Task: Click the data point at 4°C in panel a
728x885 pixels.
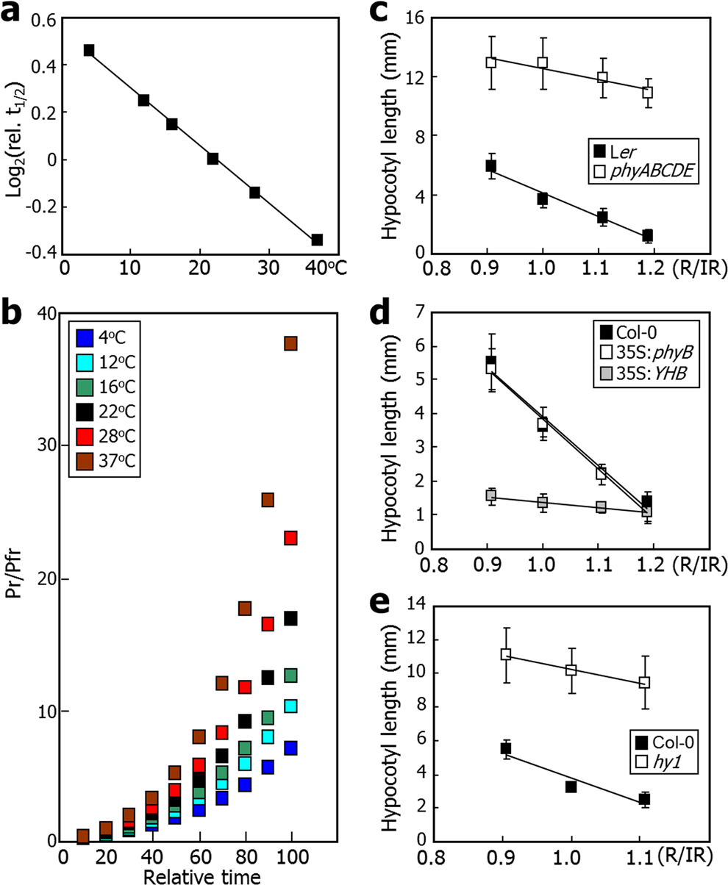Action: pyautogui.click(x=89, y=50)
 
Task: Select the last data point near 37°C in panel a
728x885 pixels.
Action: pyautogui.click(x=317, y=240)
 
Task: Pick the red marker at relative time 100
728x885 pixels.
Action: pyautogui.click(x=290, y=538)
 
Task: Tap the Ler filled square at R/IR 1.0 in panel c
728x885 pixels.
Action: pyautogui.click(x=543, y=198)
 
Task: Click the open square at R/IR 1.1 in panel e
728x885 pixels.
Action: pyautogui.click(x=645, y=682)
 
